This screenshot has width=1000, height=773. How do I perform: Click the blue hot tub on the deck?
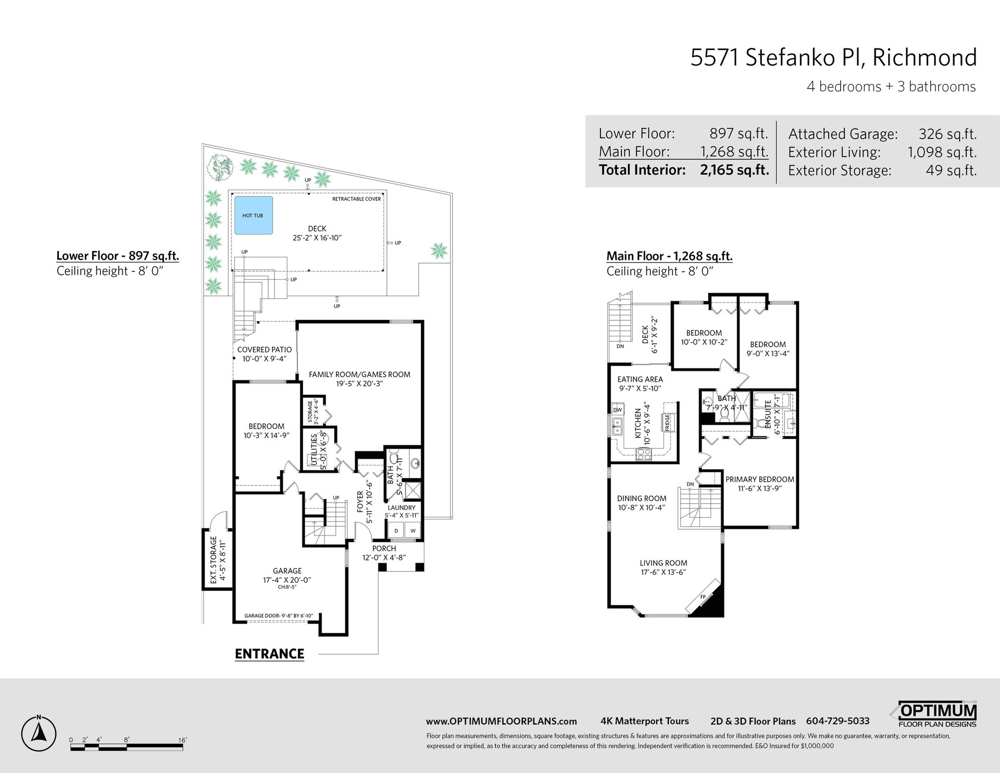[x=253, y=215]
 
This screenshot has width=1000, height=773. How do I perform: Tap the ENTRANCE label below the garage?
[x=269, y=654]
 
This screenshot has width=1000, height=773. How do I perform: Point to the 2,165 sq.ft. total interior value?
[x=734, y=170]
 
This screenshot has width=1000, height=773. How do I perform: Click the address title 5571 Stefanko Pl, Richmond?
[x=833, y=57]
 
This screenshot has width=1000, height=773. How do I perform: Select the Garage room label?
[x=287, y=571]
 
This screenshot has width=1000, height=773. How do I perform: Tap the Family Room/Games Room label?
[x=359, y=374]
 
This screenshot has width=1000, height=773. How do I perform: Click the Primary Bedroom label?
[x=760, y=479]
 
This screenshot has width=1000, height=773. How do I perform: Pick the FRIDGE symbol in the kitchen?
[x=667, y=422]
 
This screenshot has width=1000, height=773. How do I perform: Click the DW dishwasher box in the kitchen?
[x=617, y=410]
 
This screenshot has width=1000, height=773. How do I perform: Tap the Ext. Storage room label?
[x=214, y=559]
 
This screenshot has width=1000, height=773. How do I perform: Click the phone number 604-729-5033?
[x=838, y=721]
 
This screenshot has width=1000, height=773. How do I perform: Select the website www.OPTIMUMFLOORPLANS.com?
[x=501, y=721]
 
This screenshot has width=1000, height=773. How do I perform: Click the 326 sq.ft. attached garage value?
[x=947, y=134]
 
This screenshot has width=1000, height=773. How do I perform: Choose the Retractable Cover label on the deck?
[x=357, y=199]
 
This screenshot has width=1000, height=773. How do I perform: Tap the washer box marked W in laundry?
[x=413, y=531]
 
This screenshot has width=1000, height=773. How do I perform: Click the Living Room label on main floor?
[x=663, y=563]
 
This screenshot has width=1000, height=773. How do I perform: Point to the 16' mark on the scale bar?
[x=182, y=740]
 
